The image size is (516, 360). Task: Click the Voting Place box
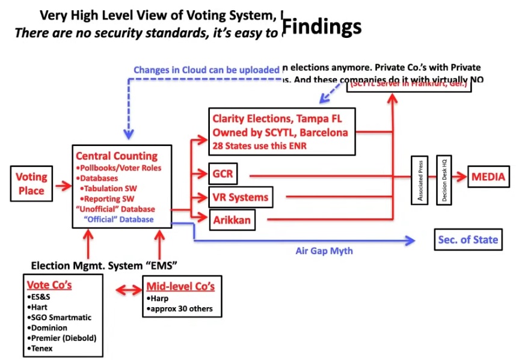pyautogui.click(x=31, y=184)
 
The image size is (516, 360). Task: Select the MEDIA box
pyautogui.click(x=488, y=177)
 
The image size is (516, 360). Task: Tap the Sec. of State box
pyautogui.click(x=468, y=239)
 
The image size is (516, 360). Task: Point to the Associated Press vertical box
pyautogui.click(x=419, y=180)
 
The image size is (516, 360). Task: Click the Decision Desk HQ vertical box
pyautogui.click(x=444, y=180)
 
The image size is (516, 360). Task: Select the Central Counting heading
pyautogui.click(x=117, y=156)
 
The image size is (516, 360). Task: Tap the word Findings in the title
pyautogui.click(x=322, y=26)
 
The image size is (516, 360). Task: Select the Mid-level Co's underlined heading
pyautogui.click(x=180, y=285)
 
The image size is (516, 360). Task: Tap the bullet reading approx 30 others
pyautogui.click(x=180, y=309)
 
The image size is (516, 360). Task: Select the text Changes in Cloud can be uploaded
pyautogui.click(x=206, y=70)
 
